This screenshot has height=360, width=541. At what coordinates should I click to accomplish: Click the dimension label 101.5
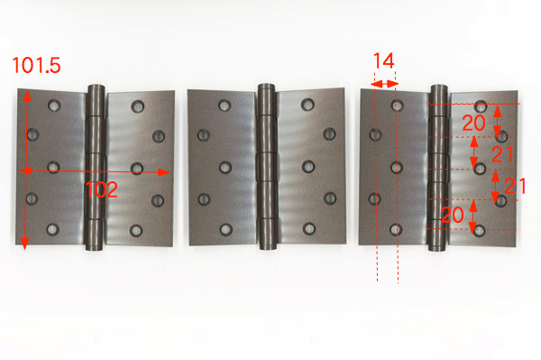(x=36, y=65)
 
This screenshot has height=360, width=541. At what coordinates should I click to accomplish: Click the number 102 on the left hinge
(x=101, y=189)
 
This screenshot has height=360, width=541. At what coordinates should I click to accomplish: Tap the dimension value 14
(x=384, y=60)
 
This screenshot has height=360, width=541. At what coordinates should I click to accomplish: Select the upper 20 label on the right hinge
(x=473, y=123)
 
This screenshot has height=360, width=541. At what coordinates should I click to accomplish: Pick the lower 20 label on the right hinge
(x=453, y=215)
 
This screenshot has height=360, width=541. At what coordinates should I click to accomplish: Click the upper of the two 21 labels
(x=503, y=154)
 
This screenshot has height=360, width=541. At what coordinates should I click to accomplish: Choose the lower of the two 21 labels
(x=515, y=186)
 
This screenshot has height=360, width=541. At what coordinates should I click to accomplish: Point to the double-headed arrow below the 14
(x=385, y=84)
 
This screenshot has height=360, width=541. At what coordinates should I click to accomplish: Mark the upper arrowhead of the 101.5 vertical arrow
(x=27, y=97)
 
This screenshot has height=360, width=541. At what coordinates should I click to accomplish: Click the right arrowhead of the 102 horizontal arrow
(x=163, y=172)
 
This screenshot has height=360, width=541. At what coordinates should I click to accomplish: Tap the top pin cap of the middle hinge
(x=266, y=87)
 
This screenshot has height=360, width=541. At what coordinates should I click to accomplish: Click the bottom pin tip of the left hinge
(x=94, y=247)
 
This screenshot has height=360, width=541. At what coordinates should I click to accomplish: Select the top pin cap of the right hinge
(x=439, y=87)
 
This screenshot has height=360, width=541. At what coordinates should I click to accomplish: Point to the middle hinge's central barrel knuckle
(x=267, y=167)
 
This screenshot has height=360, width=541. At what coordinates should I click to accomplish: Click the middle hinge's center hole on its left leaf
(x=225, y=168)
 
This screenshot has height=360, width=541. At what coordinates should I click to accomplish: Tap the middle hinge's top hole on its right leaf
(x=307, y=105)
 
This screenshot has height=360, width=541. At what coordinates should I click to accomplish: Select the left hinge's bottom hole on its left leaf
(x=52, y=229)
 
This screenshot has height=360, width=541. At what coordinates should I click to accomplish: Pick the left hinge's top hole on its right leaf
(x=137, y=106)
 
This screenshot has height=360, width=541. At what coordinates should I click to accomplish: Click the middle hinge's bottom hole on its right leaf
(x=308, y=228)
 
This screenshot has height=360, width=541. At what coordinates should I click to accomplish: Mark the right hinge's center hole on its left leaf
(x=397, y=168)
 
